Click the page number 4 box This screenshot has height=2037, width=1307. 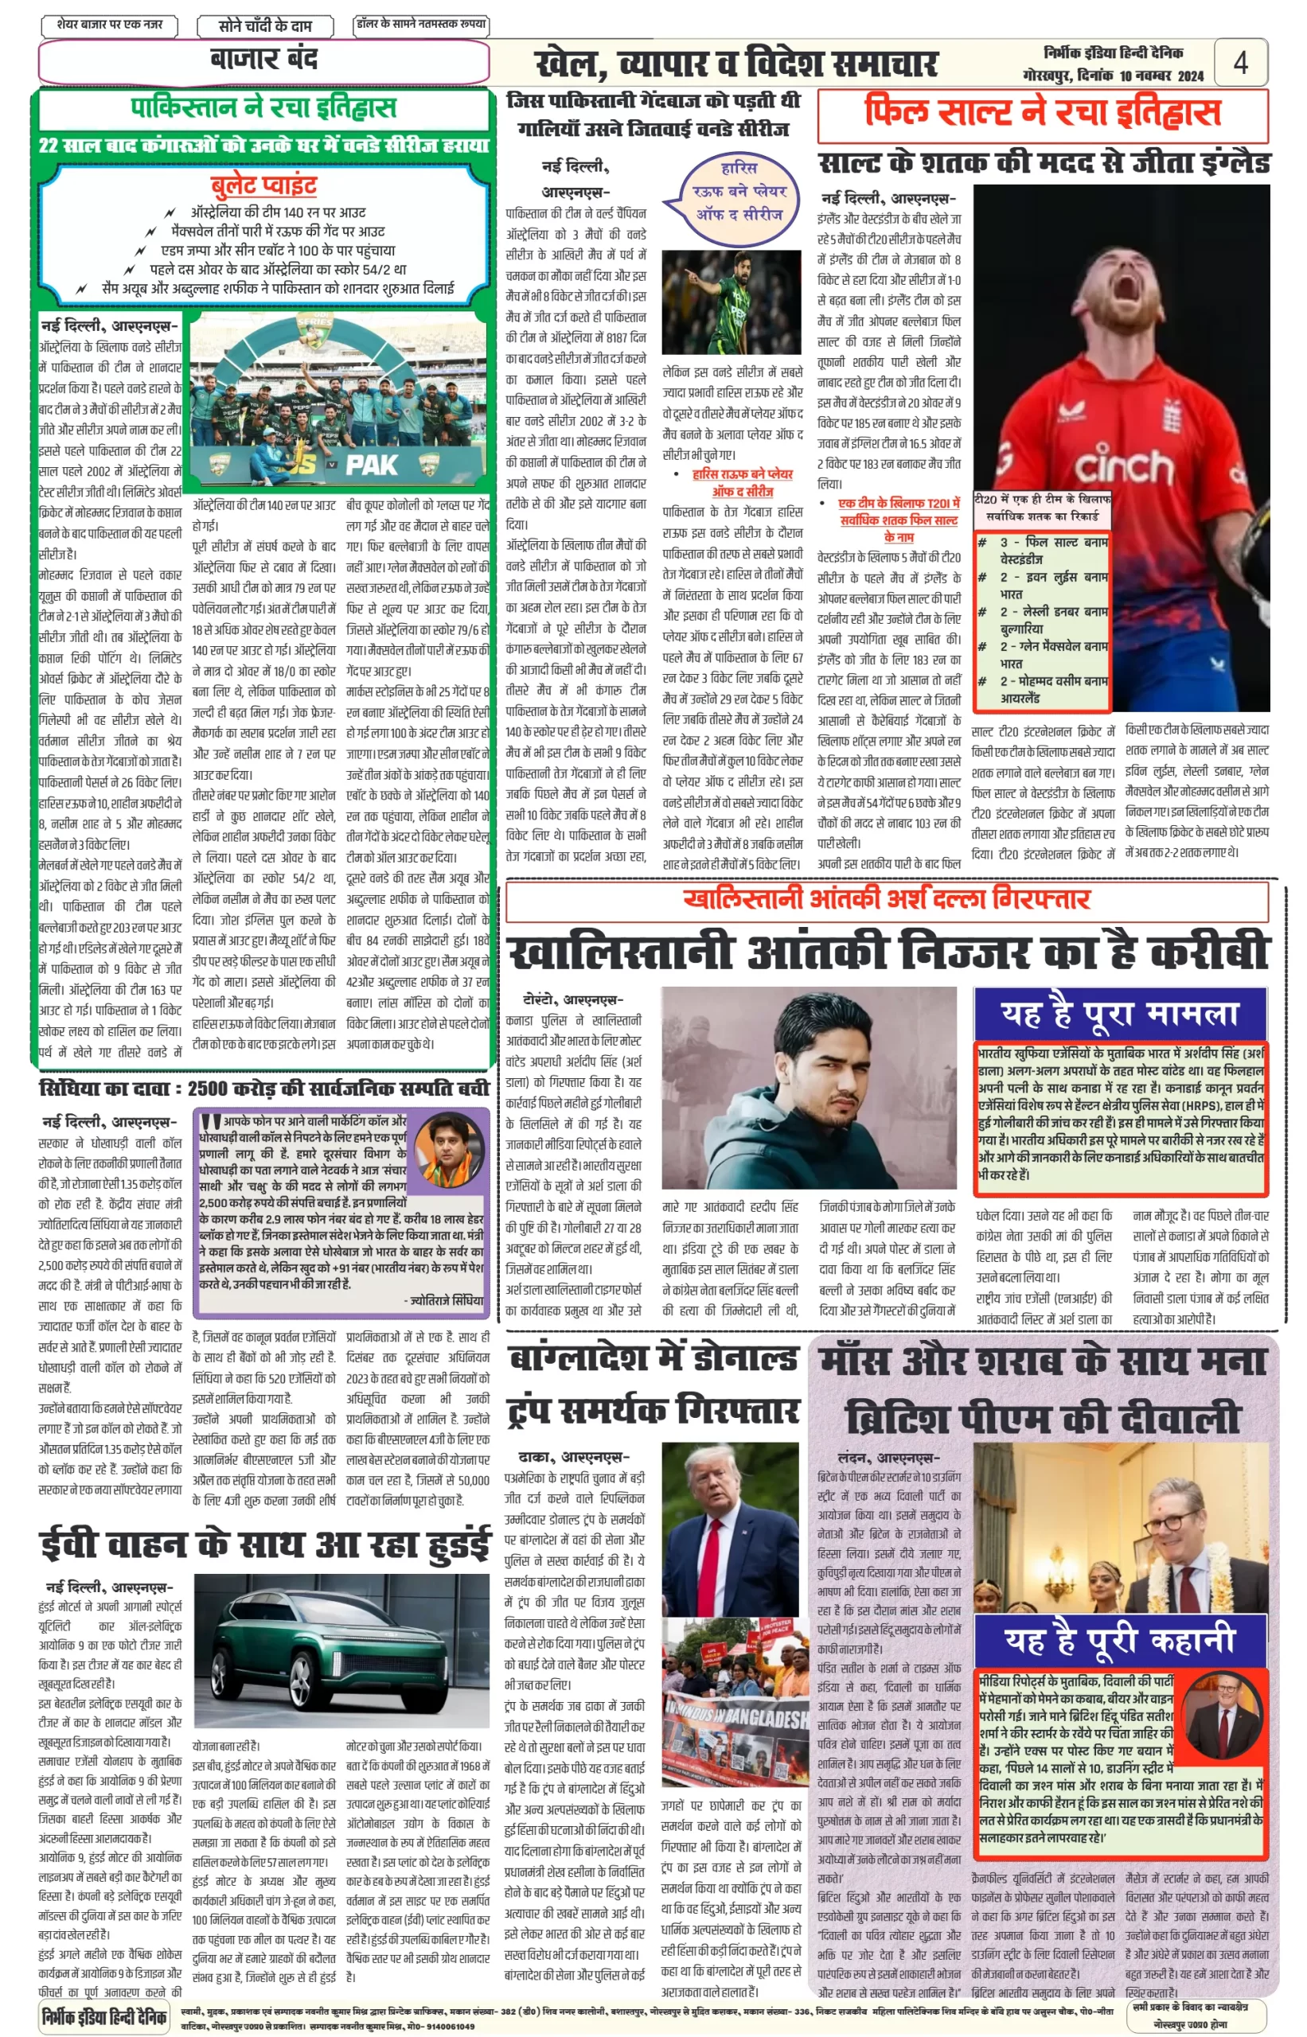(1240, 62)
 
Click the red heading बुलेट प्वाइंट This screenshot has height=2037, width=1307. (264, 185)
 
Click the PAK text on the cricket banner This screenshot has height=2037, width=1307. (371, 464)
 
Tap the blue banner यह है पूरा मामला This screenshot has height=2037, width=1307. (1119, 1014)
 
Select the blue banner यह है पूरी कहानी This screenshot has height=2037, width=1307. (1119, 1640)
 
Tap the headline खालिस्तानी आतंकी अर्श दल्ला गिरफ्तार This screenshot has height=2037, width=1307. (886, 898)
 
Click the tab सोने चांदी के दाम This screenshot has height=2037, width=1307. (265, 26)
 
